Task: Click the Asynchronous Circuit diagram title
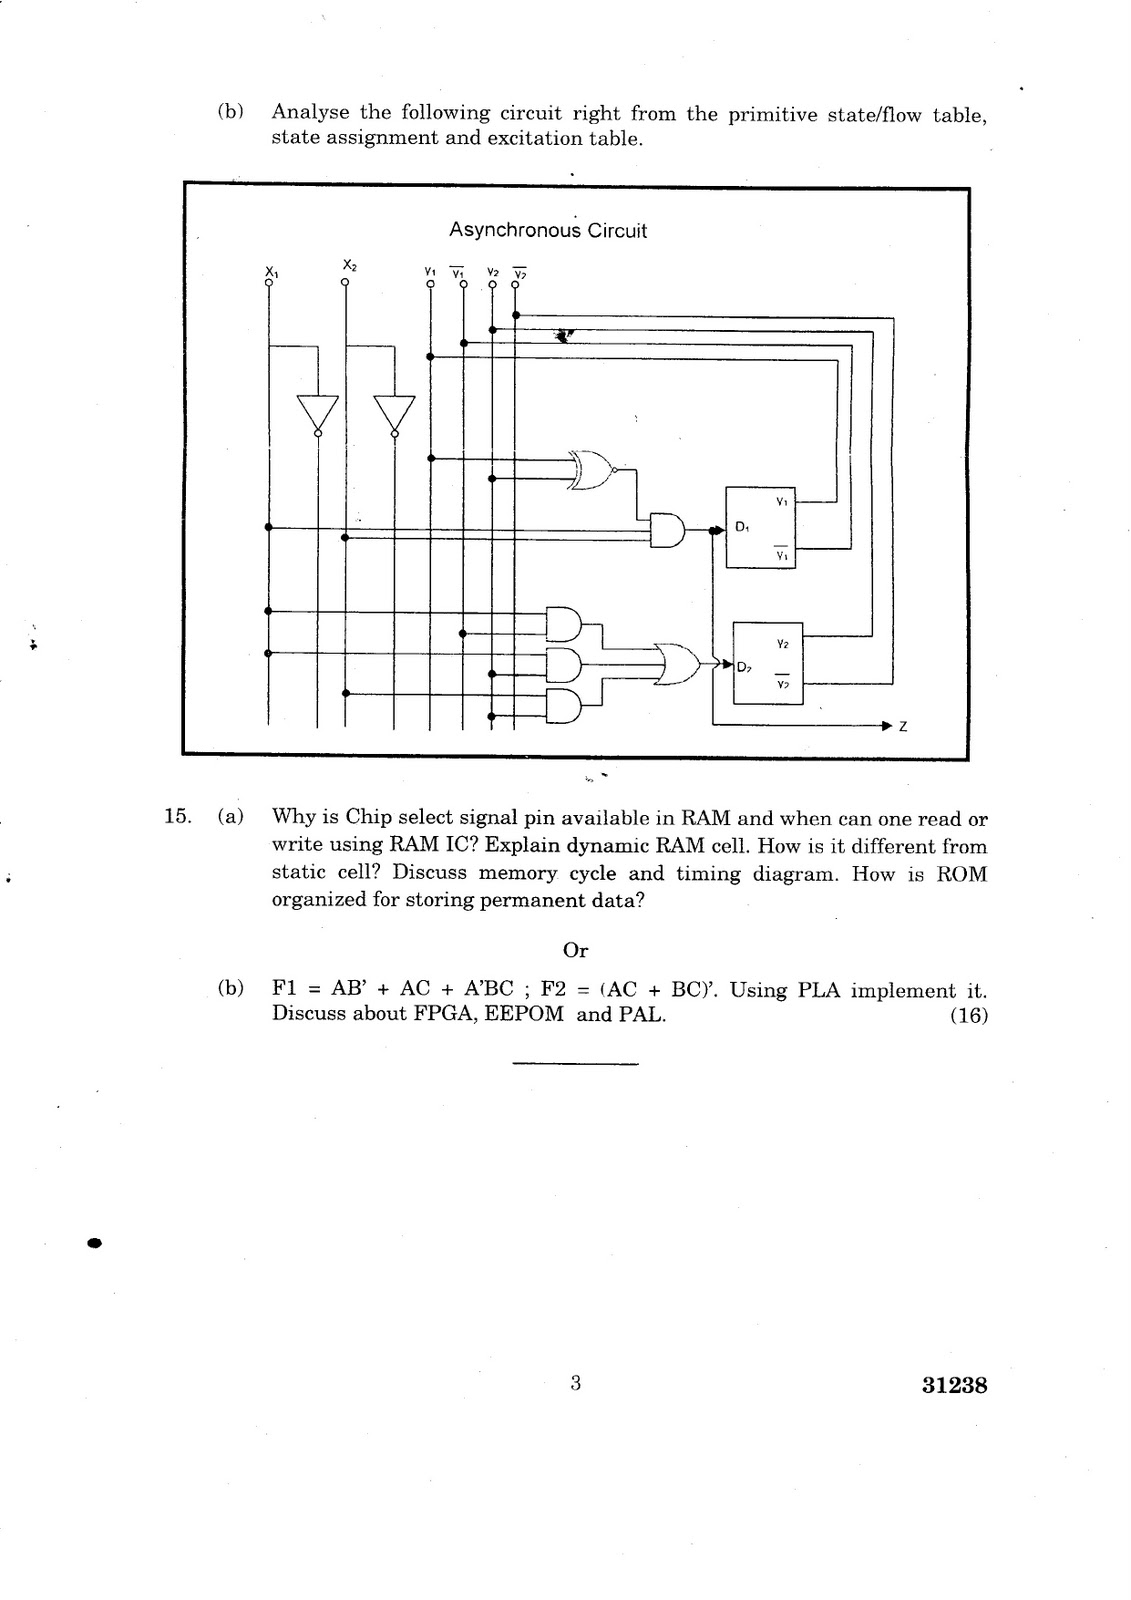(x=547, y=231)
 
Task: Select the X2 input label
(x=349, y=264)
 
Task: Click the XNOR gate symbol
(x=592, y=470)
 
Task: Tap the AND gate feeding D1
(x=667, y=530)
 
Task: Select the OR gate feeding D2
(x=679, y=664)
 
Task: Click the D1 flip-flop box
(x=760, y=527)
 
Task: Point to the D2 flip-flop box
(x=768, y=664)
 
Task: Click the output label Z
(x=903, y=726)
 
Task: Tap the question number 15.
(x=177, y=816)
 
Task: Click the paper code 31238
(x=955, y=1386)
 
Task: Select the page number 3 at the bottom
(x=576, y=1384)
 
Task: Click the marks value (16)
(x=969, y=1015)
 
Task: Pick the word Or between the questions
(x=575, y=950)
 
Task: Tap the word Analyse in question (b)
(x=310, y=113)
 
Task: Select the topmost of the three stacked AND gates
(x=564, y=624)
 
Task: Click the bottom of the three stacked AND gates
(x=564, y=706)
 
